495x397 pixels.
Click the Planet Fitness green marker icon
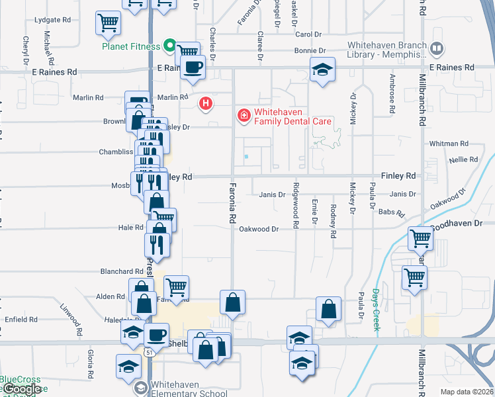click(x=169, y=46)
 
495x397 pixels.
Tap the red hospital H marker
click(x=206, y=104)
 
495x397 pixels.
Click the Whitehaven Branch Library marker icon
click(x=436, y=48)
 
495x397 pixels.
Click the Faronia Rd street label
click(x=233, y=202)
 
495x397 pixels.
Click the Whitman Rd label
click(x=449, y=144)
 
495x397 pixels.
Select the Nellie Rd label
click(x=463, y=159)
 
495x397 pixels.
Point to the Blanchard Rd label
click(x=122, y=271)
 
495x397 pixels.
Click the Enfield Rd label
click(x=22, y=320)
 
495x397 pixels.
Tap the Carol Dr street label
click(x=308, y=34)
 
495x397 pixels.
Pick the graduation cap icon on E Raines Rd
click(x=322, y=69)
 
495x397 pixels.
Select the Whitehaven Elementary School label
click(x=189, y=389)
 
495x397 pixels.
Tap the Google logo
click(x=22, y=389)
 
